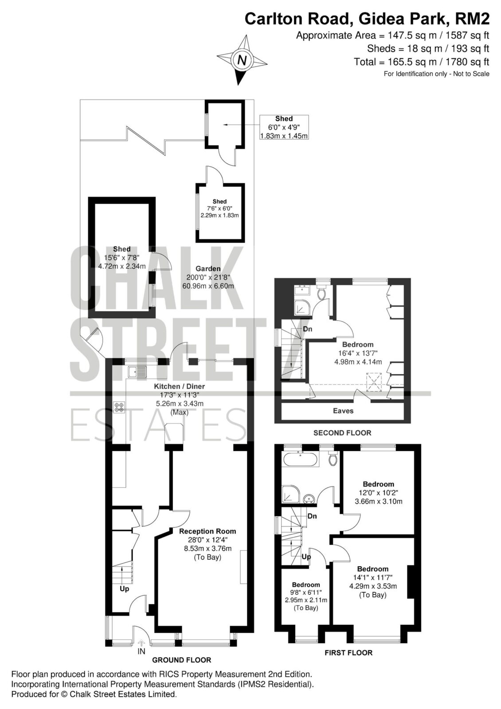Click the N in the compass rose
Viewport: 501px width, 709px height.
click(x=242, y=60)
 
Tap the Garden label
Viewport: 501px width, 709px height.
click(x=208, y=269)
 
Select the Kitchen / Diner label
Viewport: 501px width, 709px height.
click(x=179, y=386)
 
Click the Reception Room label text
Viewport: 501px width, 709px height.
click(x=207, y=531)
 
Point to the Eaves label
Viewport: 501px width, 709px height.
click(x=343, y=411)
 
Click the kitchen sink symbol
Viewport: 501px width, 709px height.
click(x=137, y=372)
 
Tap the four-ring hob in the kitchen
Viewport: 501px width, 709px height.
click(x=119, y=407)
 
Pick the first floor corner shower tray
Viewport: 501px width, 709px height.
click(x=290, y=494)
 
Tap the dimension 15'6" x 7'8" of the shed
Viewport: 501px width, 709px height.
click(x=122, y=257)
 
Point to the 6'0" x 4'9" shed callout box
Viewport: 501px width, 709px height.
click(x=284, y=127)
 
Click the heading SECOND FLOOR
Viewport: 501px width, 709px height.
click(x=342, y=432)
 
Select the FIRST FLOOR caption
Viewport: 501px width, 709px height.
click(x=348, y=652)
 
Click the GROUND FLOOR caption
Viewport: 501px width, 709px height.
click(x=181, y=660)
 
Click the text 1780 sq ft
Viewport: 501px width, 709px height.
click(x=467, y=62)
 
